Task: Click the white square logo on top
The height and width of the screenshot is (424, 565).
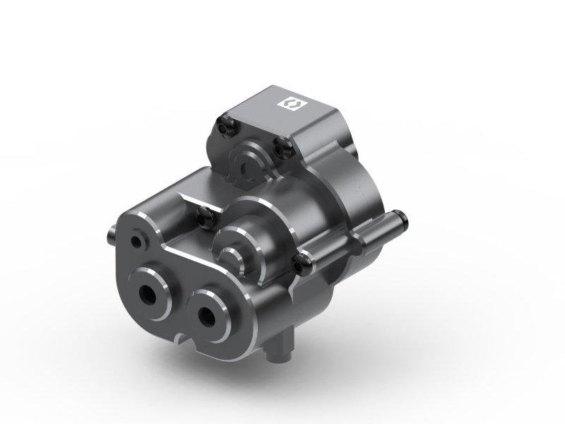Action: click(x=292, y=103)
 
